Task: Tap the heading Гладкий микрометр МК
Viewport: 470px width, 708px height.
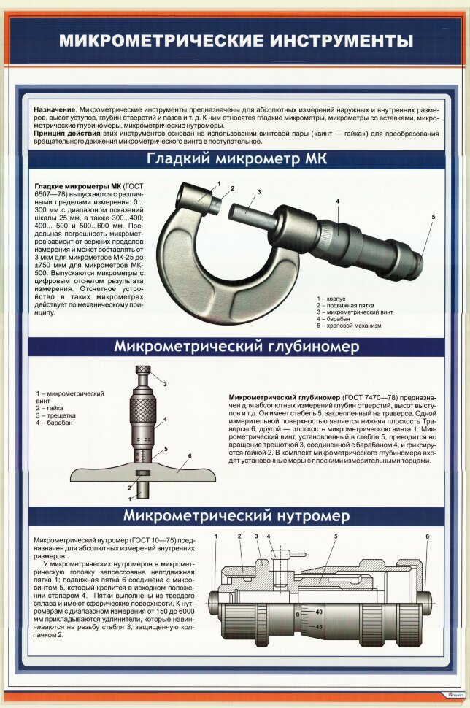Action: click(236, 159)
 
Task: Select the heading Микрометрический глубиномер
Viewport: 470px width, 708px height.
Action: click(236, 347)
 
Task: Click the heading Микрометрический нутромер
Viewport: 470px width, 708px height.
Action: click(236, 516)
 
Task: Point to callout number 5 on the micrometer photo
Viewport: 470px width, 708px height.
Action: click(433, 217)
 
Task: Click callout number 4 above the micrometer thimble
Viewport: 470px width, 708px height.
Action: click(337, 200)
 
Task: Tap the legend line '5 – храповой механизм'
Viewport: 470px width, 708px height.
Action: click(349, 326)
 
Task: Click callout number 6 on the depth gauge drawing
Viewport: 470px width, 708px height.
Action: click(189, 457)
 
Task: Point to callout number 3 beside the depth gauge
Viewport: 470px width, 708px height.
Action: click(165, 384)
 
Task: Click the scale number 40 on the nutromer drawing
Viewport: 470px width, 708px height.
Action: click(319, 611)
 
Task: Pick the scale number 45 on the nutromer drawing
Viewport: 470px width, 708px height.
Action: click(319, 627)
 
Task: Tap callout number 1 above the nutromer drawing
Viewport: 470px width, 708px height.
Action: click(217, 537)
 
